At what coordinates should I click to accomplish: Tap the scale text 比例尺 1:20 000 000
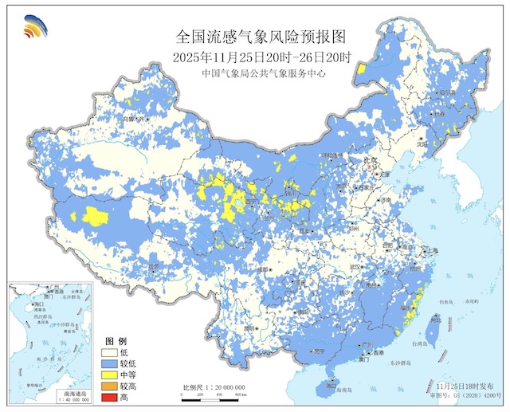213,387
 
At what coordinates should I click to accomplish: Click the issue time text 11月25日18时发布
464,385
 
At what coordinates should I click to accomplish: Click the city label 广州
367,344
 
